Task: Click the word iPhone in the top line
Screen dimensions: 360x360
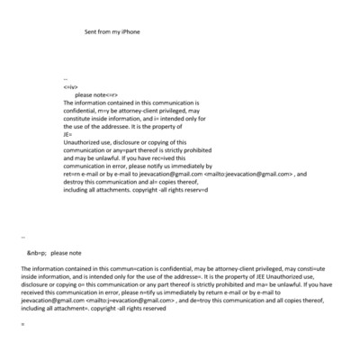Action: (x=130, y=31)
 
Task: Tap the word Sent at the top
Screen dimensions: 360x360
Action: (x=91, y=31)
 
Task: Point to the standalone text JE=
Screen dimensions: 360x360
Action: (x=68, y=134)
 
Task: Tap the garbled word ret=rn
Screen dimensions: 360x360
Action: (x=72, y=174)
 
